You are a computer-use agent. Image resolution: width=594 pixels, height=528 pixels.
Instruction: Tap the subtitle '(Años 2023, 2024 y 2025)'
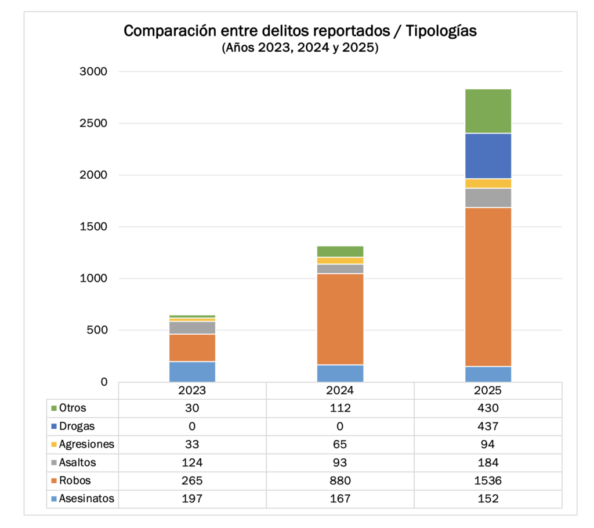click(300, 48)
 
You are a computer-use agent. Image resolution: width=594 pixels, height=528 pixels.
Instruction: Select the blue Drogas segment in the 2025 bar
click(488, 155)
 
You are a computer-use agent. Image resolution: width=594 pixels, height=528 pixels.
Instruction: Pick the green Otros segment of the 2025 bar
click(488, 111)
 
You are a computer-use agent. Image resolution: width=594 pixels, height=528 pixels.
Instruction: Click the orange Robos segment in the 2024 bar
click(340, 319)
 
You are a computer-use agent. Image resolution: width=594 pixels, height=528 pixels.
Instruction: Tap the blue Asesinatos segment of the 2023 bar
click(192, 371)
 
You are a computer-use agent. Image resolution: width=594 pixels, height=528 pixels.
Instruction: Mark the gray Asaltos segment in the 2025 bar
click(488, 197)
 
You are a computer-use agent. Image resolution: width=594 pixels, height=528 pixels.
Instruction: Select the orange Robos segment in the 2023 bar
click(192, 348)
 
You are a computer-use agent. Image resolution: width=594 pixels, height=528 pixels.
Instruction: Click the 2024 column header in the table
click(340, 390)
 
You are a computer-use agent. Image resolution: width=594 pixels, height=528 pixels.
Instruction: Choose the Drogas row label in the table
click(77, 426)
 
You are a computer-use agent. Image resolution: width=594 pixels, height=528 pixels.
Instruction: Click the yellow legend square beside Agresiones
click(54, 444)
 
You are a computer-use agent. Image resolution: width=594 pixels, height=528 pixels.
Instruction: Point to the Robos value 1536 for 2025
click(488, 480)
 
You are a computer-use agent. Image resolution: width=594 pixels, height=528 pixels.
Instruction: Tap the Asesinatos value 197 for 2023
click(192, 498)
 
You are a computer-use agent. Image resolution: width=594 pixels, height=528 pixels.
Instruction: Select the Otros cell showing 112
click(340, 408)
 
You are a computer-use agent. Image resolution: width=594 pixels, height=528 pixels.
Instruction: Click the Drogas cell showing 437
click(488, 426)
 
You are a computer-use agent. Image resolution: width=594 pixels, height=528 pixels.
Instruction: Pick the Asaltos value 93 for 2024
click(340, 462)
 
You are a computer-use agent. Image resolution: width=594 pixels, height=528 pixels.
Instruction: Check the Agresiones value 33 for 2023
click(192, 444)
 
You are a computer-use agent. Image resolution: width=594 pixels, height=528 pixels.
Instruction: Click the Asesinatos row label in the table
click(86, 498)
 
